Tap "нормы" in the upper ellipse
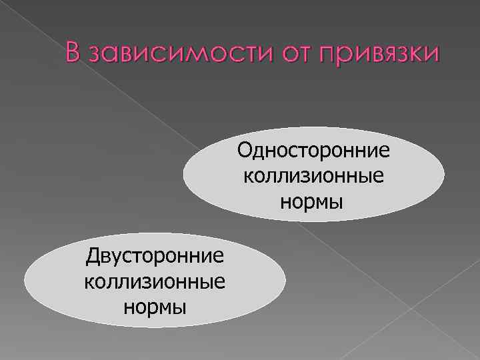[x=313, y=201]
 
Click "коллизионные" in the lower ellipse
[x=155, y=282]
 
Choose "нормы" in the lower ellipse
[x=155, y=307]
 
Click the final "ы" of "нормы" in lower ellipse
[x=179, y=307]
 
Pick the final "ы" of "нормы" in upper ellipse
[x=338, y=201]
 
